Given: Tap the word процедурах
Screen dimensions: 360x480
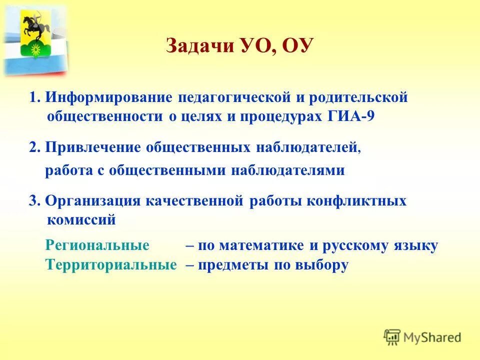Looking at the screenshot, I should click(x=265, y=116).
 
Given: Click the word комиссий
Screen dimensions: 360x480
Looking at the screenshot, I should click(x=81, y=219).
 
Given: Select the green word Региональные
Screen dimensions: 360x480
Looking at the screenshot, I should click(x=97, y=245).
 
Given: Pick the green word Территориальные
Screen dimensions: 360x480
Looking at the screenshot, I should click(x=111, y=265).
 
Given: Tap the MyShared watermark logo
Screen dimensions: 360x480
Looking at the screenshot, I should click(x=422, y=337).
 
